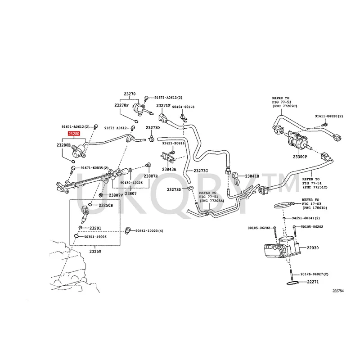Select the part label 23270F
pyautogui.click(x=121, y=105)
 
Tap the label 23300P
pyautogui.click(x=299, y=157)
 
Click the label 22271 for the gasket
pyautogui.click(x=312, y=282)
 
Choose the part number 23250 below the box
pyautogui.click(x=94, y=252)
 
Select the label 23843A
pyautogui.click(x=169, y=169)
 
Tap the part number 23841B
pyautogui.click(x=252, y=176)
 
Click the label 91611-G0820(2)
pyautogui.click(x=329, y=116)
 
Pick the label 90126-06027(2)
pyautogui.click(x=315, y=274)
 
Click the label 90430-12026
pyautogui.click(x=131, y=182)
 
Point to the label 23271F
pyautogui.click(x=163, y=106)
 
